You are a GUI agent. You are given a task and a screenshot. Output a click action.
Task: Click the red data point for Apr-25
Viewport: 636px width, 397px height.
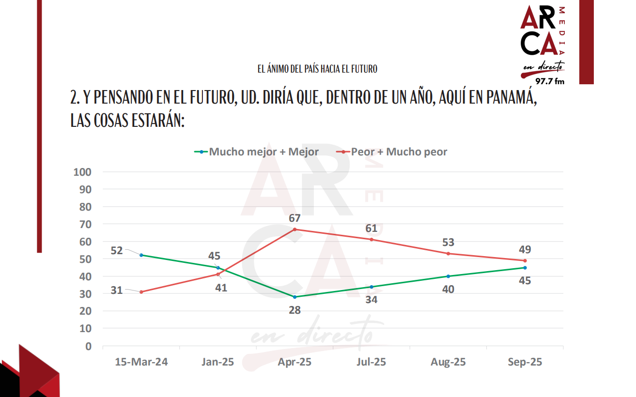[295, 229]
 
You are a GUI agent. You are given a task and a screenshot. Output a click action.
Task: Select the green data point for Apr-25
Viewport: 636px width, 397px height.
[295, 297]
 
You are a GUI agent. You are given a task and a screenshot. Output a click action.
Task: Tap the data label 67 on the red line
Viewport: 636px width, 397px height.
[295, 218]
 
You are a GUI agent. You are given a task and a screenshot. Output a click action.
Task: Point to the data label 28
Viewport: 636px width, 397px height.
[295, 310]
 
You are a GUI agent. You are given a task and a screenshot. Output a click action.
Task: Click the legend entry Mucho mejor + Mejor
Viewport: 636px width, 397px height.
[257, 152]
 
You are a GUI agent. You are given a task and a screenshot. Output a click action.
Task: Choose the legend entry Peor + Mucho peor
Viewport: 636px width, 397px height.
[392, 152]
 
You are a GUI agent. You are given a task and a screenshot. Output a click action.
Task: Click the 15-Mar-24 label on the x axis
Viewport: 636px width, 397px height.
[141, 362]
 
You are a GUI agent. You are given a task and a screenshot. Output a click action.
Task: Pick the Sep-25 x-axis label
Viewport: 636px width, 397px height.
[525, 362]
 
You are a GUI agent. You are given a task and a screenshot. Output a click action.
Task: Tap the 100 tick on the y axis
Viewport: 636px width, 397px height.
[82, 172]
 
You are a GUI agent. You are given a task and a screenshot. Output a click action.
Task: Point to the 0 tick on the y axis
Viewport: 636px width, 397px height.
[88, 346]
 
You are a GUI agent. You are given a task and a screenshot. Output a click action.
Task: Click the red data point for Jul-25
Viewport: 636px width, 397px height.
[372, 240]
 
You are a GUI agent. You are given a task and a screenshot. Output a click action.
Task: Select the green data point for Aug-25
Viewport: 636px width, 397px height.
[448, 276]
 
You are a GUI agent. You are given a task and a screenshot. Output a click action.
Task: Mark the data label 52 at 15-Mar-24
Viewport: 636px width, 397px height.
[117, 251]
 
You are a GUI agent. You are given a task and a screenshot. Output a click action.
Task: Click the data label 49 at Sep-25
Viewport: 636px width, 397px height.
[525, 250]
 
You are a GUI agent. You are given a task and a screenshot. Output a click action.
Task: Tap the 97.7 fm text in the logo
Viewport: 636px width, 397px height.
[549, 81]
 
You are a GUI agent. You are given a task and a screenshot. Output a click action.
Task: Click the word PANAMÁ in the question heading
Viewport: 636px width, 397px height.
[509, 97]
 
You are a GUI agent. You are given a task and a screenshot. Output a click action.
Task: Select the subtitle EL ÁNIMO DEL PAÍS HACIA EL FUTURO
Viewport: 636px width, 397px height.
[317, 69]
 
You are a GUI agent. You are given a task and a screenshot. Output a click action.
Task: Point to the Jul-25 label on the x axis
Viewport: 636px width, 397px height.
[372, 362]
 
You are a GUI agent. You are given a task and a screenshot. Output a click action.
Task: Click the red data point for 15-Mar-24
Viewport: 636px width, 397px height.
[141, 292]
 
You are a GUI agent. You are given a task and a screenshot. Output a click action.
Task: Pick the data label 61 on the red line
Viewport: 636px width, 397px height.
[372, 229]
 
